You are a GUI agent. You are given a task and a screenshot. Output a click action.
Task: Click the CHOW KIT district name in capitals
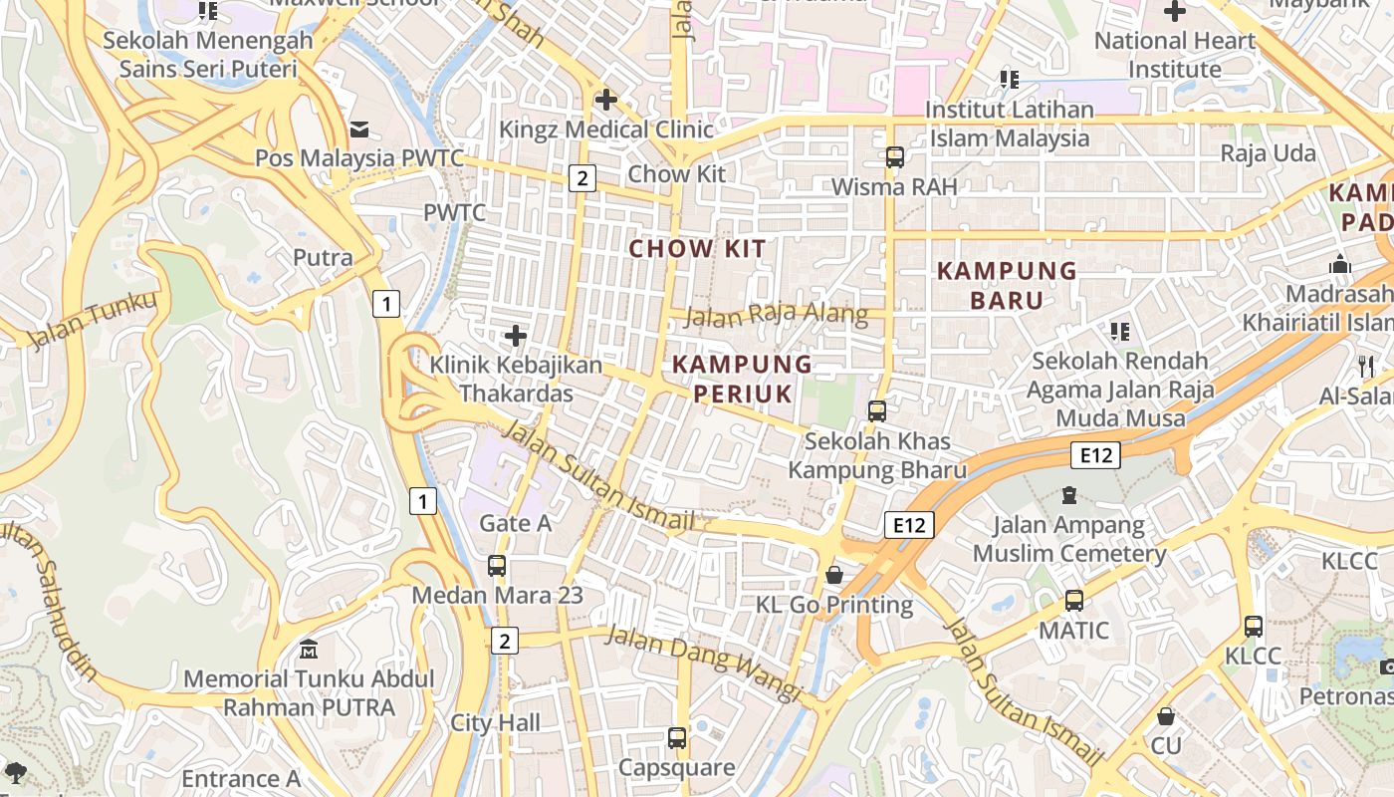tap(698, 249)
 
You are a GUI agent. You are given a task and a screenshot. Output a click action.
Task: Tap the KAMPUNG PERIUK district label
tap(743, 379)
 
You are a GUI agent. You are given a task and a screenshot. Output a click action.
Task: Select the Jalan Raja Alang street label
tap(777, 315)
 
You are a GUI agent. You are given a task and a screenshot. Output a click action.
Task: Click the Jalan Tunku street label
tap(94, 320)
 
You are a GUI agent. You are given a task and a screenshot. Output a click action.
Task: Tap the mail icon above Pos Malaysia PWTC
tap(359, 130)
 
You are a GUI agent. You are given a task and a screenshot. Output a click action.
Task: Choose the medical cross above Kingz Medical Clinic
tap(605, 100)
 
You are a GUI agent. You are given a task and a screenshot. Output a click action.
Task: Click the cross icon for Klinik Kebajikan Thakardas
tap(516, 336)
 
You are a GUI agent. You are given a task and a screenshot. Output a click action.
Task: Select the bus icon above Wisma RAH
tap(894, 156)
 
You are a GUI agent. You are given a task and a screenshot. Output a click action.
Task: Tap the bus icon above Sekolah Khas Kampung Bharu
tap(877, 410)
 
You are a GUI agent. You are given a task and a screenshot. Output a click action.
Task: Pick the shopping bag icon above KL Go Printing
tap(834, 575)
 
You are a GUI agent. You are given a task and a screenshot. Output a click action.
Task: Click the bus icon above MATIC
tap(1073, 601)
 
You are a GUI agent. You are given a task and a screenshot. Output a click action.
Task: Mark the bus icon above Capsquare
tap(677, 738)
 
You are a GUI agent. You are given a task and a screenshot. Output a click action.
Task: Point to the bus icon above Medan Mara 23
tap(497, 566)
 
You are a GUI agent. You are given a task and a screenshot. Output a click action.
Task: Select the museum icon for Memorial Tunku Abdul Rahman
tap(309, 651)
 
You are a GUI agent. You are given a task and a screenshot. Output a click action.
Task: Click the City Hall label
tap(496, 723)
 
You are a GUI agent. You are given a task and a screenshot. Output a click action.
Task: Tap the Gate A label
tap(515, 523)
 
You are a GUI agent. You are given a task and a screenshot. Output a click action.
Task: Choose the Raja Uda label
tap(1269, 153)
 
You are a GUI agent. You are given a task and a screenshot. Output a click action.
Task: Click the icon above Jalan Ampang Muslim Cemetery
tap(1069, 495)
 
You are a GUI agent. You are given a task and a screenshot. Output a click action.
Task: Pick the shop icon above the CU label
tap(1165, 716)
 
